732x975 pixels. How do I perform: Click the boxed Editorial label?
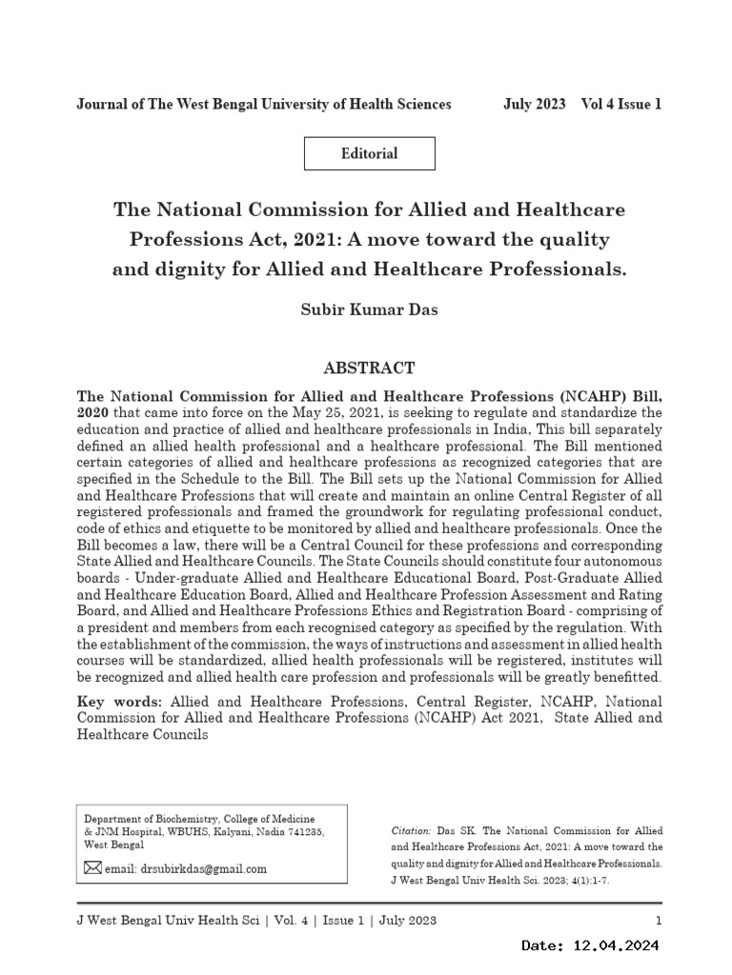[x=369, y=153]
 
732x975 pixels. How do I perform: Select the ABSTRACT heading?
[x=369, y=368]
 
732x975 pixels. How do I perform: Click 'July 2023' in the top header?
[x=534, y=104]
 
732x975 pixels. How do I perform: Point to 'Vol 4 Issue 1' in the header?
[x=620, y=104]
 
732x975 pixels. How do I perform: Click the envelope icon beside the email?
[x=92, y=867]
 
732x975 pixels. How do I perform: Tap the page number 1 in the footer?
[x=659, y=920]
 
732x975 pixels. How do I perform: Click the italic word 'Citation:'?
[x=412, y=830]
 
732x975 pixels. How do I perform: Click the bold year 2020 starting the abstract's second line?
[x=94, y=412]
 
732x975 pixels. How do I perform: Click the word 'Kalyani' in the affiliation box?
[x=226, y=831]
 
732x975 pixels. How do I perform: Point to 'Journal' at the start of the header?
[x=102, y=104]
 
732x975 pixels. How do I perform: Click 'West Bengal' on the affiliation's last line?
[x=114, y=845]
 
